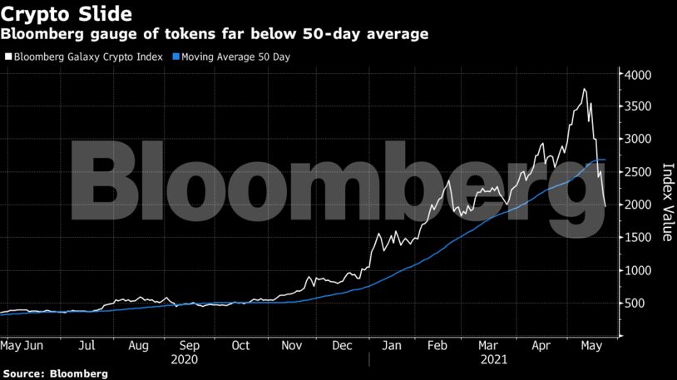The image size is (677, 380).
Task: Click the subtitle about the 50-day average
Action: tap(215, 34)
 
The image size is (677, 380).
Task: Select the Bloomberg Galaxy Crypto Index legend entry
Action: tap(83, 57)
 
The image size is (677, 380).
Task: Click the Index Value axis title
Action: tap(667, 202)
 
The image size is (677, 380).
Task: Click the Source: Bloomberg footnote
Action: tap(55, 374)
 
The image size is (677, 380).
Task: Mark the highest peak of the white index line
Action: tap(585, 89)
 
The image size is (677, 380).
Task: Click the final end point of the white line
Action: tap(605, 205)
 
